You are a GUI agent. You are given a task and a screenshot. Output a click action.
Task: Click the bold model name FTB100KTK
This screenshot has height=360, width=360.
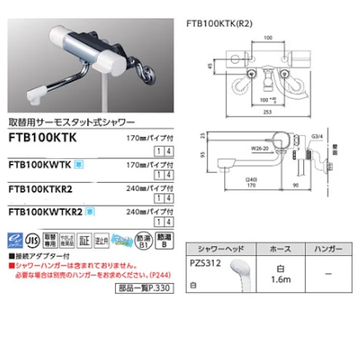click(x=42, y=138)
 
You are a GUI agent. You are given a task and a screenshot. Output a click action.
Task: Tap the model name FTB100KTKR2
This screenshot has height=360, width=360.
click(x=41, y=189)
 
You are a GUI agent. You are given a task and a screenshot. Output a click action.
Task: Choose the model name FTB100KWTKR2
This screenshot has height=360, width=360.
click(x=45, y=213)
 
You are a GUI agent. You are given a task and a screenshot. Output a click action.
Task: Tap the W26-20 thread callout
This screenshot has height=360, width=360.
click(x=259, y=148)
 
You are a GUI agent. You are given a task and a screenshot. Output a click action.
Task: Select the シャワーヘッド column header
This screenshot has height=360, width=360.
click(x=221, y=249)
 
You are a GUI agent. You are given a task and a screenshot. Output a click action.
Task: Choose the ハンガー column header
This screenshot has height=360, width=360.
click(x=328, y=249)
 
